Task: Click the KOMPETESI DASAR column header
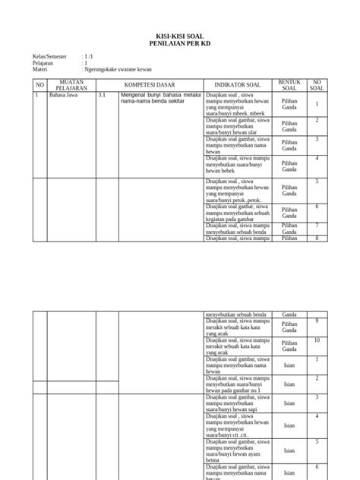(x=150, y=84)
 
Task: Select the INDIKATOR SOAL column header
(x=237, y=84)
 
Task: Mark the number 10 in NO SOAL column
(x=317, y=340)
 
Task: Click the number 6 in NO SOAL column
(x=317, y=206)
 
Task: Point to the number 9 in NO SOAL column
(x=317, y=321)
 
